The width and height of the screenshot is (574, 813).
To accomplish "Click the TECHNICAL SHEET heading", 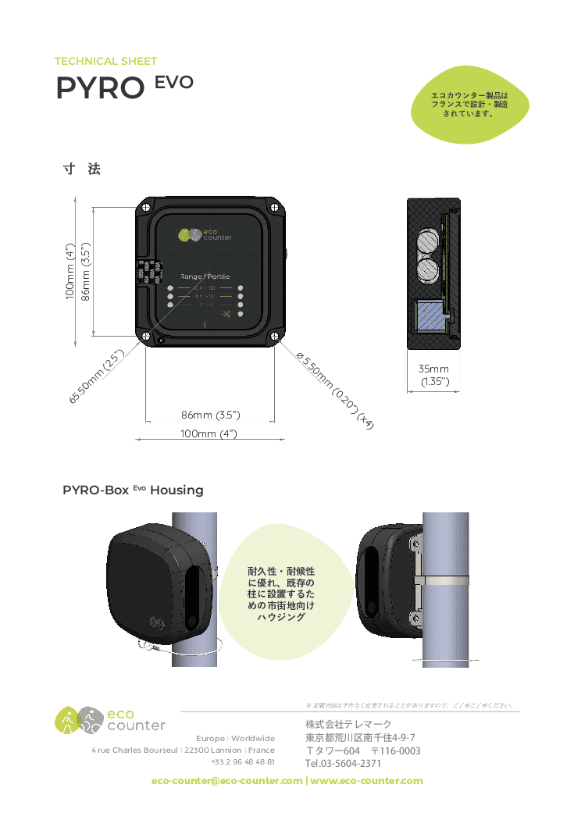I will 105,61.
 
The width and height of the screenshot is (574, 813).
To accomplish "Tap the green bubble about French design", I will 469,104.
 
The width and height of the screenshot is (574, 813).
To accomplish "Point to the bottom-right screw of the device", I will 275,337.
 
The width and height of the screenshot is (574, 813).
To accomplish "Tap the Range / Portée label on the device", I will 205,276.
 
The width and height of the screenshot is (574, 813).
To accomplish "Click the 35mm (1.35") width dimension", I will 433,375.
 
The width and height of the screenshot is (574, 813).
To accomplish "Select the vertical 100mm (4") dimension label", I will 70,271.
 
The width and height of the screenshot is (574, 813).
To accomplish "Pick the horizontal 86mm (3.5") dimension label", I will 210,414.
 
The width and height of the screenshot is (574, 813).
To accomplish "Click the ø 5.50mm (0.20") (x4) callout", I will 336,389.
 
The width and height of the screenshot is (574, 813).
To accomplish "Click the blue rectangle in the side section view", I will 428,317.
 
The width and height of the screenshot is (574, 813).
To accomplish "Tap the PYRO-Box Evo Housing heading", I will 133,490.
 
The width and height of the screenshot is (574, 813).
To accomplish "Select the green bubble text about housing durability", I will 281,594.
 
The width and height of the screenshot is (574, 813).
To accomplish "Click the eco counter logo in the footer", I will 110,719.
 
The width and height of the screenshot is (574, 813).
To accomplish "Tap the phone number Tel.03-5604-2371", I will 343,763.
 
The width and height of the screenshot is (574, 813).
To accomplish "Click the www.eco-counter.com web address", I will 366,780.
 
